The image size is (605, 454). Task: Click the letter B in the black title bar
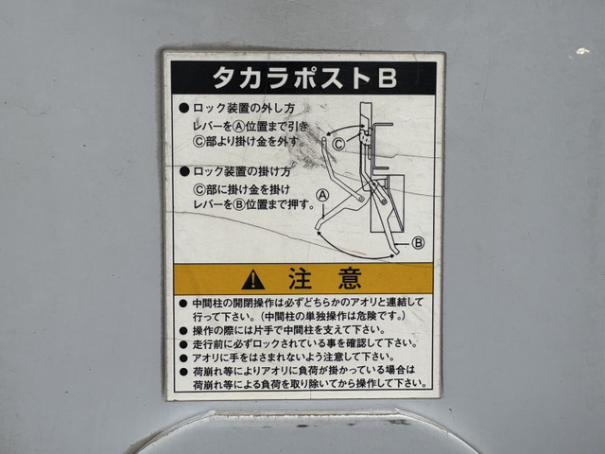(x=387, y=78)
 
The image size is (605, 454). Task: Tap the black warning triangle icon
(x=253, y=280)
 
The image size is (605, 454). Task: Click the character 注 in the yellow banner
(x=301, y=279)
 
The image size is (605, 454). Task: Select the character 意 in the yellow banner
(x=350, y=279)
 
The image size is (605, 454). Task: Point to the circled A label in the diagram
(x=322, y=195)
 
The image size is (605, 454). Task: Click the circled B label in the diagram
(x=418, y=243)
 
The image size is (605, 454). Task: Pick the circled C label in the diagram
(x=338, y=145)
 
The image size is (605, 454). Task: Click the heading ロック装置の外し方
(x=244, y=109)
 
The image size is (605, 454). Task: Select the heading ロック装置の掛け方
(x=242, y=171)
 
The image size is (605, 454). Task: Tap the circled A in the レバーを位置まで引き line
(x=240, y=126)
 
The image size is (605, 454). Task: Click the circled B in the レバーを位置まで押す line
(x=239, y=204)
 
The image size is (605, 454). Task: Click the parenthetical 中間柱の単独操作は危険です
(x=334, y=317)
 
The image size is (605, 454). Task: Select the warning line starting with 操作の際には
(x=289, y=330)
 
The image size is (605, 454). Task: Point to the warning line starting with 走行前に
(x=304, y=343)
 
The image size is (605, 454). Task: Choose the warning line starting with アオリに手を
(x=294, y=357)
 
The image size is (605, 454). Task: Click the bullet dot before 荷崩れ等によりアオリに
(x=183, y=371)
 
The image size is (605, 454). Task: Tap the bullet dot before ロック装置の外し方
(x=184, y=109)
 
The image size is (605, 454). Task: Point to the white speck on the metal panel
(x=582, y=51)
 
